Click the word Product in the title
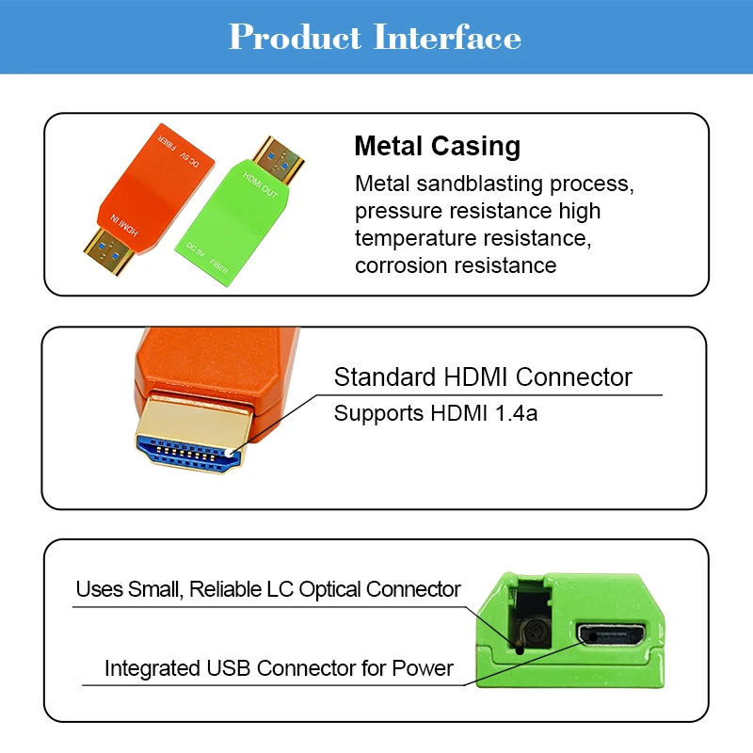point(295,37)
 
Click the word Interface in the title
point(448,37)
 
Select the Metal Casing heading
point(437,146)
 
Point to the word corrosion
point(401,265)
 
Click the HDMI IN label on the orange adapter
point(124,225)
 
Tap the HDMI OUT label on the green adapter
point(260,184)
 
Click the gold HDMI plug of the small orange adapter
point(108,250)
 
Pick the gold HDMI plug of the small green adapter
point(278,160)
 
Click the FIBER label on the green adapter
point(218,266)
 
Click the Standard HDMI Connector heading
point(483,377)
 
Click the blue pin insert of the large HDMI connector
point(188,453)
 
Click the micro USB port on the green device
point(611,635)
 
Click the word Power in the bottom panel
point(422,668)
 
